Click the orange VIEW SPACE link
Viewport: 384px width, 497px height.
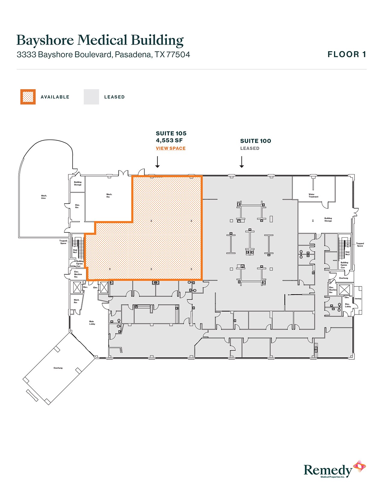pyautogui.click(x=170, y=148)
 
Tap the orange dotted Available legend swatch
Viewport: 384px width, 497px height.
pyautogui.click(x=28, y=97)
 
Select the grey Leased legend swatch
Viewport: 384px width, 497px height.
pyautogui.click(x=91, y=97)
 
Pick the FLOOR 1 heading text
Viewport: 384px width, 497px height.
pyautogui.click(x=347, y=55)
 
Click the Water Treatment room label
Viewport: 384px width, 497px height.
pyautogui.click(x=313, y=195)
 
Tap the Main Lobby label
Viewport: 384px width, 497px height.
pyautogui.click(x=92, y=323)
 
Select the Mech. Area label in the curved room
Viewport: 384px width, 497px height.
pyautogui.click(x=44, y=197)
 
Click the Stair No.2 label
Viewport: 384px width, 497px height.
pyautogui.click(x=348, y=253)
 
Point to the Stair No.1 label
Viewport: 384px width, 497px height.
pyautogui.click(x=75, y=251)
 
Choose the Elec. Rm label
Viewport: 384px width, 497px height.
pyautogui.click(x=77, y=206)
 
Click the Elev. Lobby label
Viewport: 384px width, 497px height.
pyautogui.click(x=348, y=305)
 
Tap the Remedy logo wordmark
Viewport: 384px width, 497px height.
pyautogui.click(x=328, y=470)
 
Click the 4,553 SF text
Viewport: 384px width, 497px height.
pyautogui.click(x=169, y=140)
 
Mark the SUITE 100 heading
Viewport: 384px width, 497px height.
pyautogui.click(x=255, y=141)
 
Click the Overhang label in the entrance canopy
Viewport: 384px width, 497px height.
pyautogui.click(x=58, y=368)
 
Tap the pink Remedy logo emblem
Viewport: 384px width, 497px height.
pyautogui.click(x=360, y=467)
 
